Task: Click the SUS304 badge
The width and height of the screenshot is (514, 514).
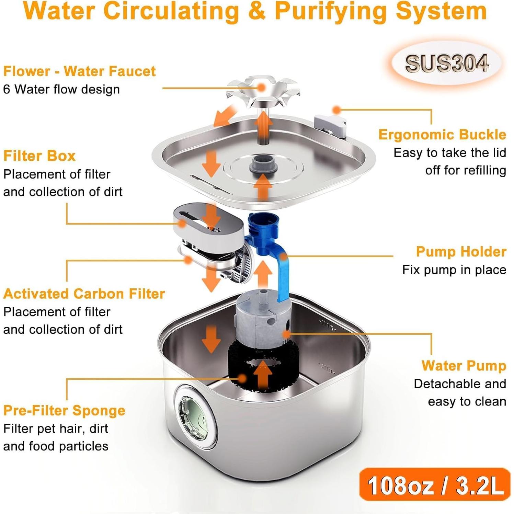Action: click(446, 64)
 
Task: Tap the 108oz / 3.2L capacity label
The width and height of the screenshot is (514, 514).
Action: click(435, 485)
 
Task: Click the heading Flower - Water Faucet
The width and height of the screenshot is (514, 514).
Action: click(79, 71)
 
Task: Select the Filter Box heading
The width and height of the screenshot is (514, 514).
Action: click(39, 156)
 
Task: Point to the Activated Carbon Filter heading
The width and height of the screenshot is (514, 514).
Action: click(84, 294)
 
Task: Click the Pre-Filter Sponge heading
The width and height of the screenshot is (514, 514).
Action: click(64, 411)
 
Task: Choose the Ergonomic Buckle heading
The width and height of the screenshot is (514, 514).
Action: click(442, 135)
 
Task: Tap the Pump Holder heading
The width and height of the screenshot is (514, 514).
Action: click(461, 252)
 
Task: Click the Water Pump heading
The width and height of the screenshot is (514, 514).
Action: click(464, 366)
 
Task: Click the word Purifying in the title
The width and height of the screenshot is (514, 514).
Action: click(332, 11)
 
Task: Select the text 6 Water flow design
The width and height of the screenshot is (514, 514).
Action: click(61, 89)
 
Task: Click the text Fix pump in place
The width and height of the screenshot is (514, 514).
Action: click(454, 270)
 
